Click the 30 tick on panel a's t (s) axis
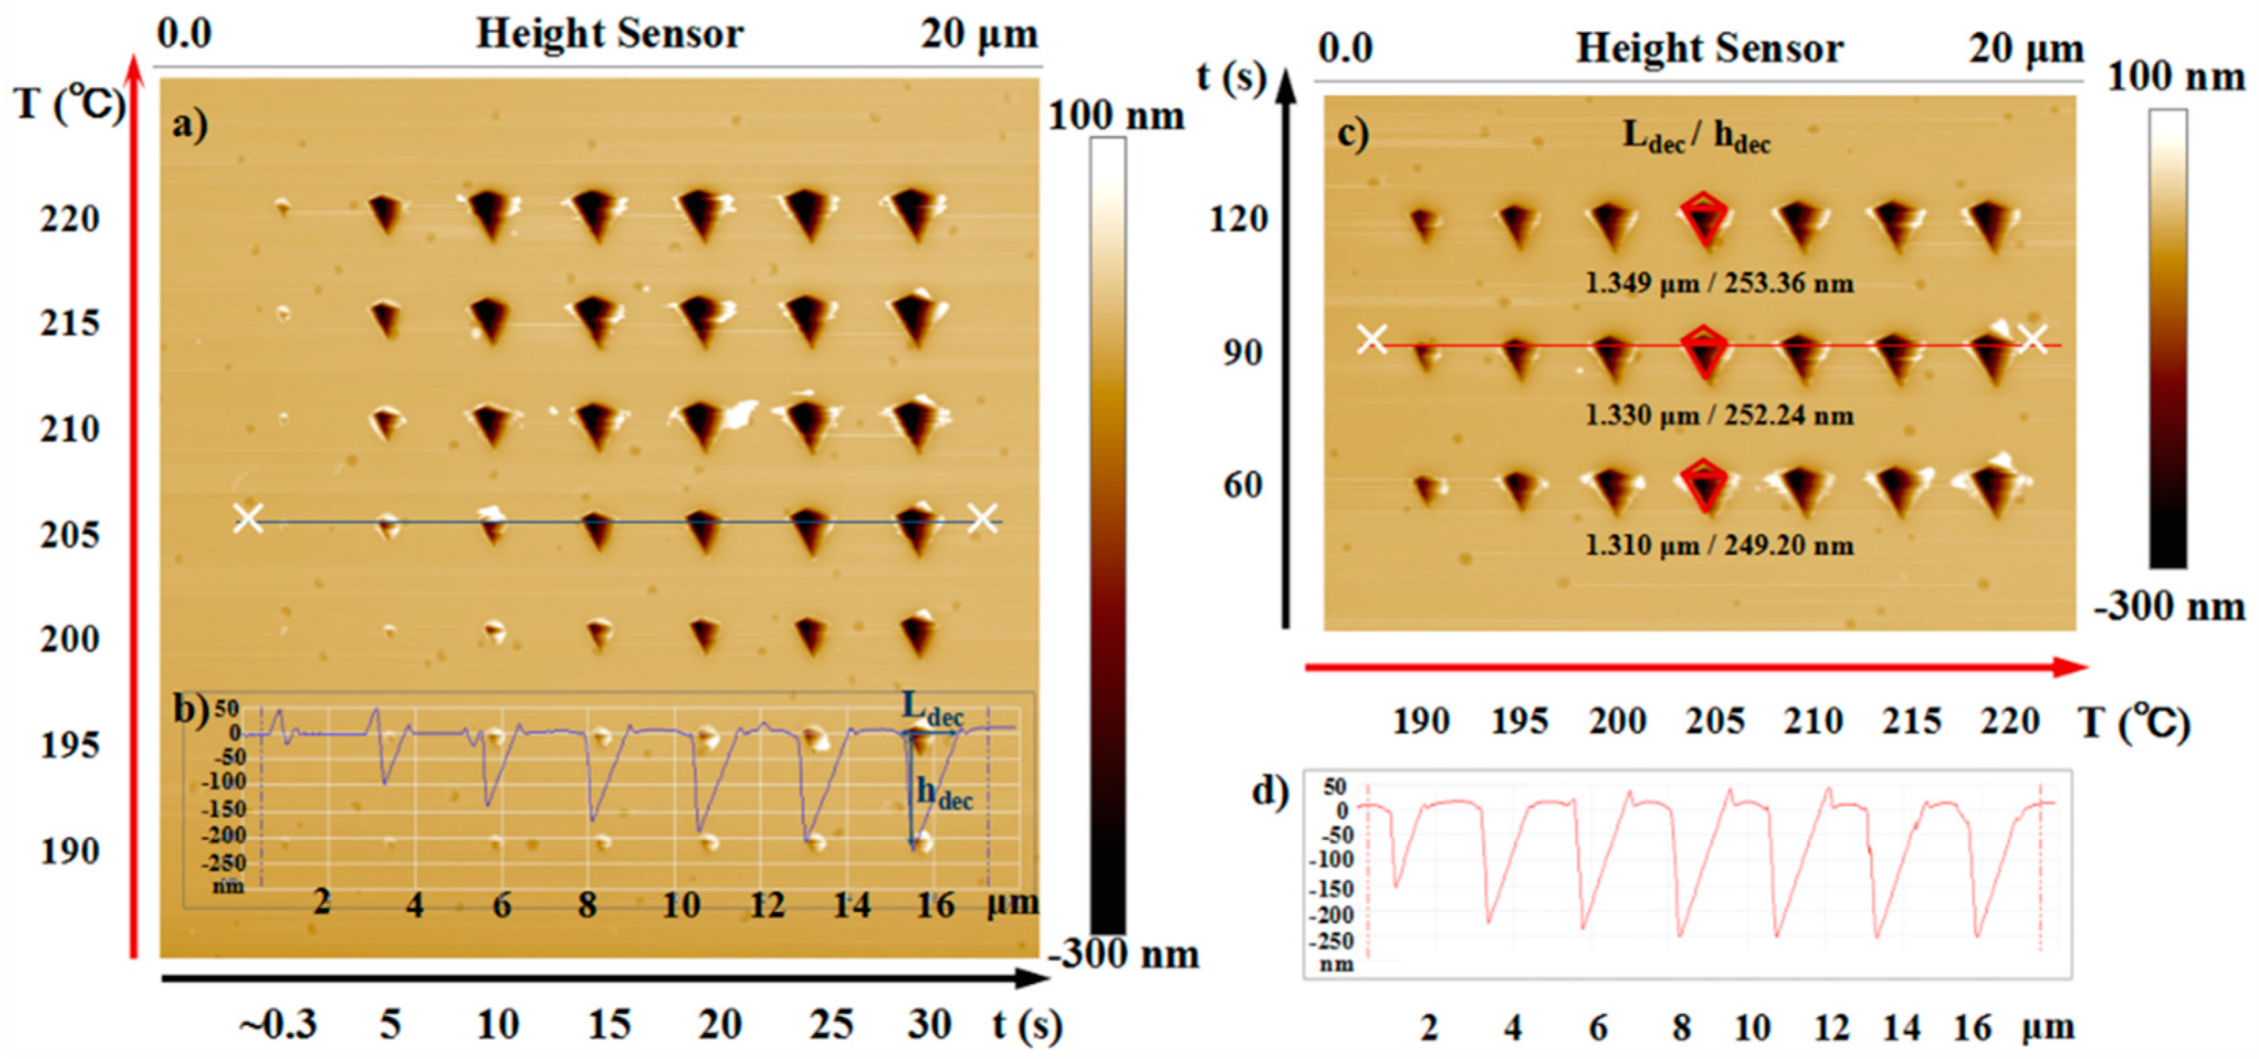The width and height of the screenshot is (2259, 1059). click(x=929, y=1024)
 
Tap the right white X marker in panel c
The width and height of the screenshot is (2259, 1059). click(x=2032, y=339)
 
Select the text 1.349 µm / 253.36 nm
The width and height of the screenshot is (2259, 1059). click(x=1719, y=283)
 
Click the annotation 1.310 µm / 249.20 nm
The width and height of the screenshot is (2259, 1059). click(x=1719, y=545)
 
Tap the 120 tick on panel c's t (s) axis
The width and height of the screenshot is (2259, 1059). click(x=1238, y=218)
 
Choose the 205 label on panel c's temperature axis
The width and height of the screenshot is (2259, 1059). click(x=1715, y=720)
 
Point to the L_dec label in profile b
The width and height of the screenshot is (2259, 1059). click(x=931, y=708)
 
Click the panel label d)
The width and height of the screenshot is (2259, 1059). click(x=1269, y=791)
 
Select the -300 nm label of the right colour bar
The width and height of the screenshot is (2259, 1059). click(x=2169, y=606)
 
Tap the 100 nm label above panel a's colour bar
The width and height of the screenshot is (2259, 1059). click(x=1115, y=116)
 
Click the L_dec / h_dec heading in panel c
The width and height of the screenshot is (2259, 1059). click(x=1696, y=136)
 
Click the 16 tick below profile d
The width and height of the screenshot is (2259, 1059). click(x=1971, y=1028)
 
